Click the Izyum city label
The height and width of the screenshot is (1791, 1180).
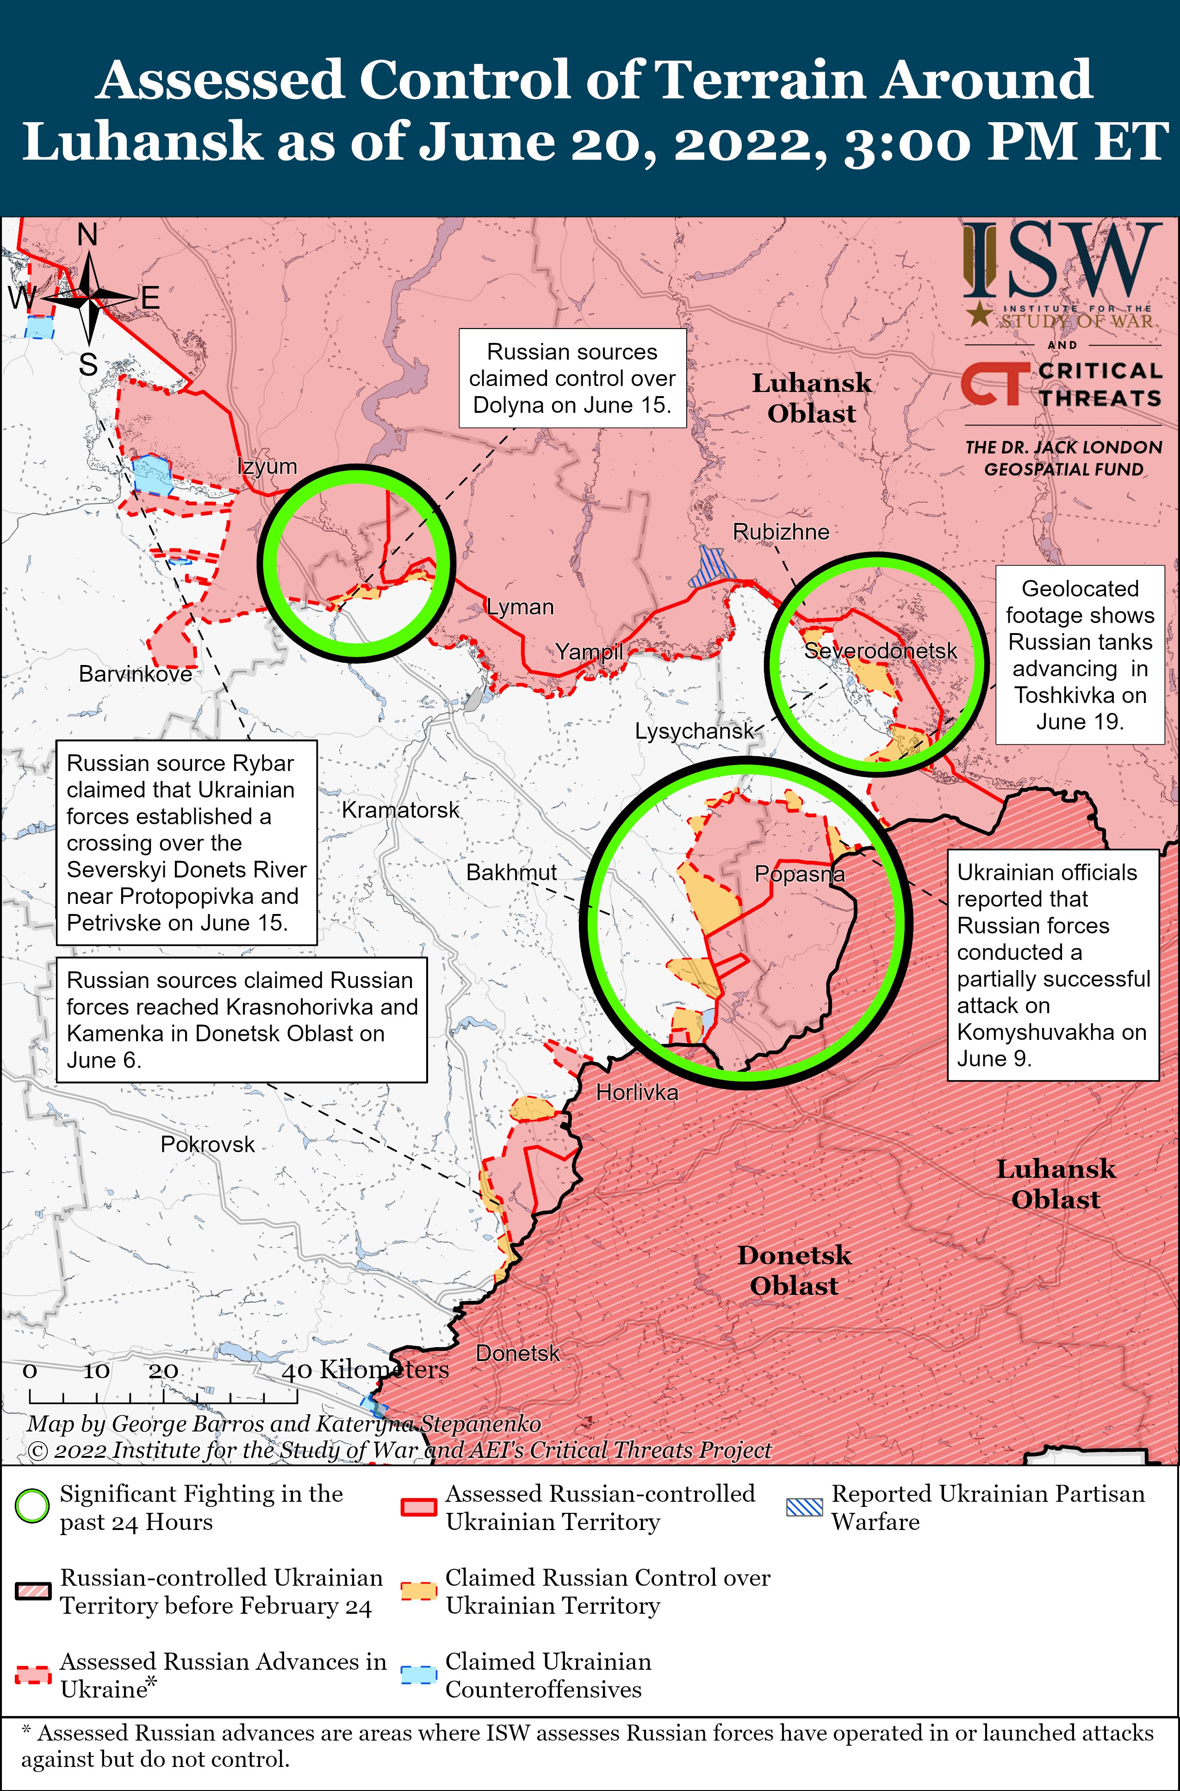coord(267,466)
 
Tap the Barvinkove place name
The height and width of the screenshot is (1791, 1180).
coord(136,673)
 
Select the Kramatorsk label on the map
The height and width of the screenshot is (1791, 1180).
coord(400,810)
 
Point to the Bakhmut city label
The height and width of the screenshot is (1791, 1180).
coord(512,872)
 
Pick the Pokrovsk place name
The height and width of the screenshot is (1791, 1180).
coord(208,1144)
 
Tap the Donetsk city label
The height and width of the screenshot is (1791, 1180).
coord(518,1353)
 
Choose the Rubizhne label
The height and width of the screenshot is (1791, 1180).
coord(781,532)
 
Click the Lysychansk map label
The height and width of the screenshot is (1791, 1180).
coord(694,731)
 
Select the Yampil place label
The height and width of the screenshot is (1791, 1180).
coord(589,652)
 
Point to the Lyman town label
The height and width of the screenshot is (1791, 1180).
coord(520,607)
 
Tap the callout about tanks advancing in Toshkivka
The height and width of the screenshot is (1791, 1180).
coord(1080,655)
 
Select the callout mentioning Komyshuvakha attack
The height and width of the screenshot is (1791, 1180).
coord(1052,965)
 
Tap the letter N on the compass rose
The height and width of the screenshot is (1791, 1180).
coord(88,236)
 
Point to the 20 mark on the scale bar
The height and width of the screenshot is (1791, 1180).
coord(163,1371)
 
